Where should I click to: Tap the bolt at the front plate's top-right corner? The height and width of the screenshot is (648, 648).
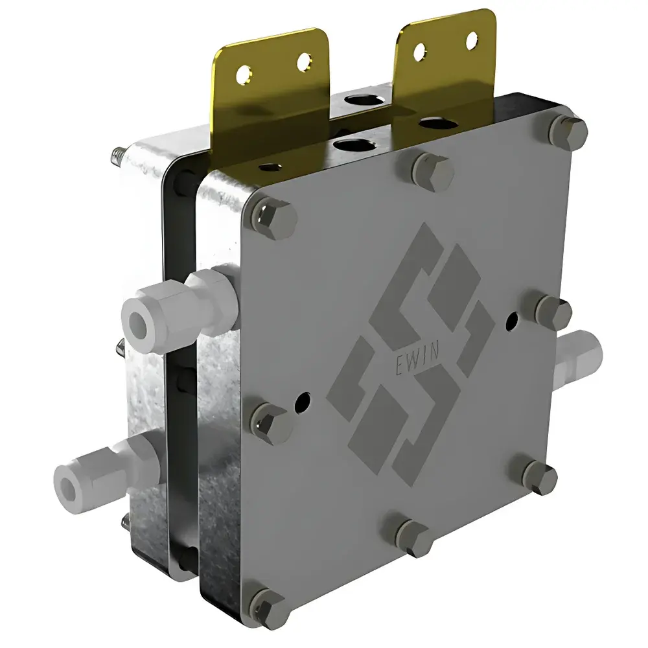click(x=568, y=132)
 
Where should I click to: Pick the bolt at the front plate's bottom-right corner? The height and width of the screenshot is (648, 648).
click(x=538, y=476)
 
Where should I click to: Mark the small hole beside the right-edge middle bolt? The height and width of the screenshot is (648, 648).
click(x=513, y=319)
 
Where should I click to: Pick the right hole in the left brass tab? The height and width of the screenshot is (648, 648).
click(x=303, y=62)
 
